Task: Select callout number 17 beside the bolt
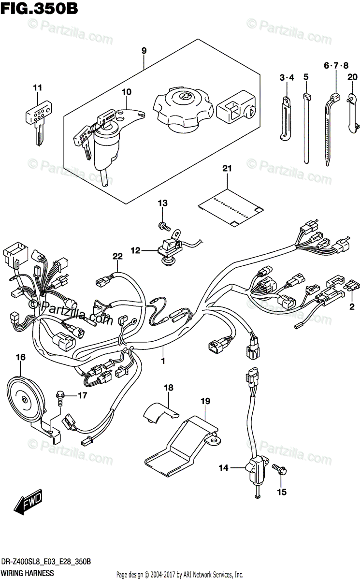coord(82,396)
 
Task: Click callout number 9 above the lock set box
coord(144,50)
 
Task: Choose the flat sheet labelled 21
coord(231,203)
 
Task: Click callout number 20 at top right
coord(352,77)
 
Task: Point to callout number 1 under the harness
coord(163,361)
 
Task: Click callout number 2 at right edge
coord(352,306)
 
